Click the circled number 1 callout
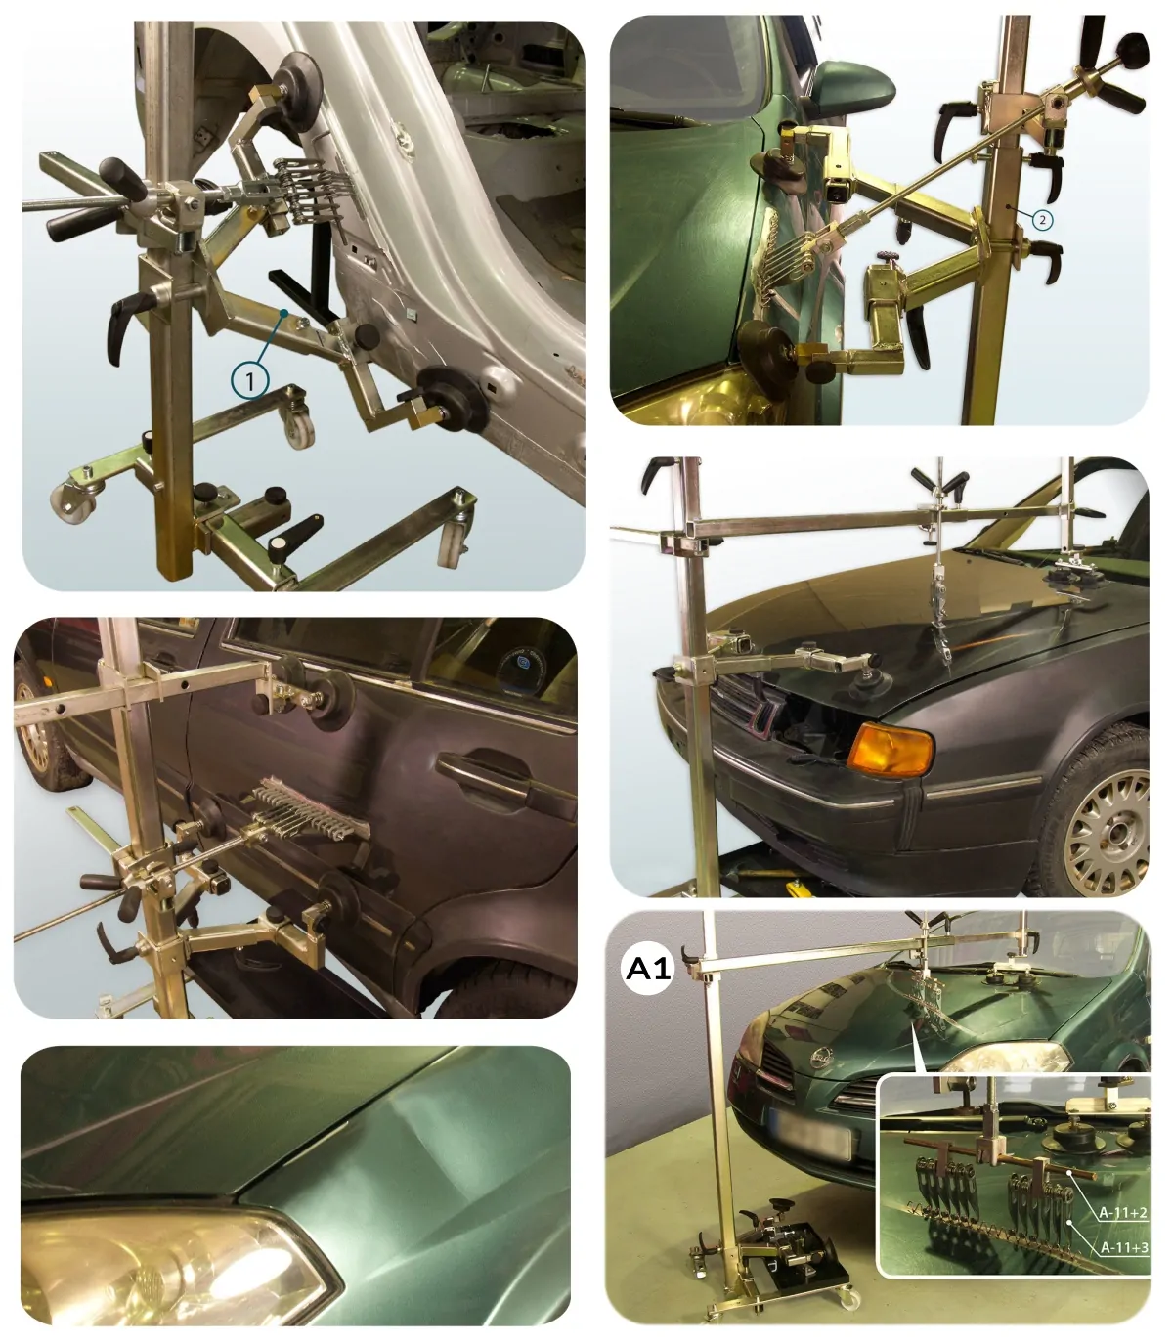tap(250, 380)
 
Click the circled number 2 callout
tap(1042, 219)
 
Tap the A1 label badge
tap(647, 969)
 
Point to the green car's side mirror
tap(853, 84)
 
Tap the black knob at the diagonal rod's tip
tap(1132, 47)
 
